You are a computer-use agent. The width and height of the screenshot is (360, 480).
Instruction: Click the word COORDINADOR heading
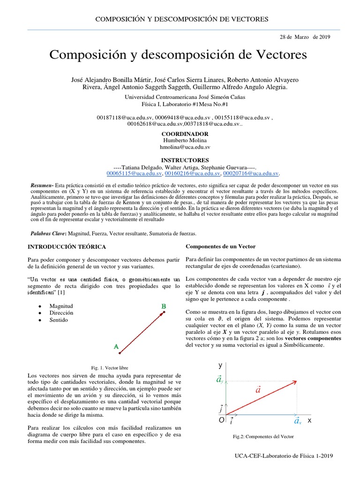tap(184, 134)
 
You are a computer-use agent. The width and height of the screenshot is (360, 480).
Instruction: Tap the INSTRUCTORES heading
tap(185, 160)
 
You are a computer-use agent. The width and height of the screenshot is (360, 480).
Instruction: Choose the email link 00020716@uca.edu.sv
tap(251, 173)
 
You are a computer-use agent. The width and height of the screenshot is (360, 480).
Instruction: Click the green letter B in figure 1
tap(164, 307)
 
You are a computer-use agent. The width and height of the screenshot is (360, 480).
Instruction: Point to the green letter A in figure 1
tap(116, 347)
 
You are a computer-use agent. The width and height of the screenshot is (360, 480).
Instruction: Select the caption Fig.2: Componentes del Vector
tap(263, 436)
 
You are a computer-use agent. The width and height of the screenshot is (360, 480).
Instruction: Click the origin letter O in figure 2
tap(221, 420)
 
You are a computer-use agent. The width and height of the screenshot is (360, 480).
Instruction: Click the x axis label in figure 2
tap(309, 421)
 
